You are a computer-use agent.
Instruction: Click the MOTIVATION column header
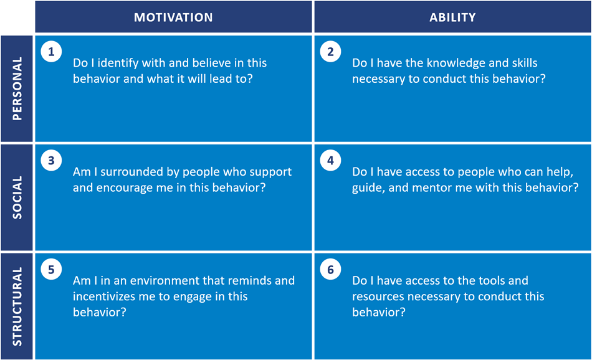point(173,17)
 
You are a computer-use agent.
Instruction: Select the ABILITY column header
point(452,17)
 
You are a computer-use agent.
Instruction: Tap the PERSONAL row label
point(17,88)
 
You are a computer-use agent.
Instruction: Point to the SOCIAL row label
point(17,197)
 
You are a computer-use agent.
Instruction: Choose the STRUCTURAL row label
point(17,306)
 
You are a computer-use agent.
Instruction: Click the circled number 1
point(51,51)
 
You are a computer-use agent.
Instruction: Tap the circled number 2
point(330,51)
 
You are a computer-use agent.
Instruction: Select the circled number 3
point(51,160)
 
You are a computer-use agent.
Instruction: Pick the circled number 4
point(330,160)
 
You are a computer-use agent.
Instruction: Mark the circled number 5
point(51,270)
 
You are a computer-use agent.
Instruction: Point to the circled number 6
point(330,270)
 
